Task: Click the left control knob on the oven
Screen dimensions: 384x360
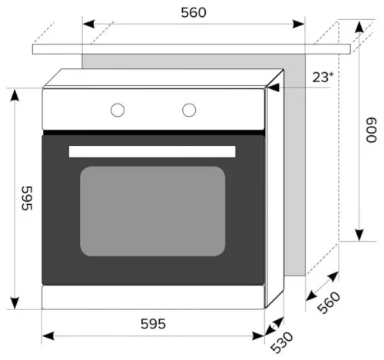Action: click(118, 110)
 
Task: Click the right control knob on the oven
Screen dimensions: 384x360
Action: click(189, 110)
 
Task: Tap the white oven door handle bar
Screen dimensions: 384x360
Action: click(152, 151)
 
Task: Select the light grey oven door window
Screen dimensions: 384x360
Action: click(153, 211)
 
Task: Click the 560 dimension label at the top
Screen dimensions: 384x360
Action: click(194, 12)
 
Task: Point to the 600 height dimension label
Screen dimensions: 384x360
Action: click(371, 130)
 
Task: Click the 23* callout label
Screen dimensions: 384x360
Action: click(323, 77)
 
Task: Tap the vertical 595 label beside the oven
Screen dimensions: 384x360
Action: click(27, 198)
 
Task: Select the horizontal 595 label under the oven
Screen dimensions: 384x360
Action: click(153, 324)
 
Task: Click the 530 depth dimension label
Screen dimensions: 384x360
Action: click(282, 342)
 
